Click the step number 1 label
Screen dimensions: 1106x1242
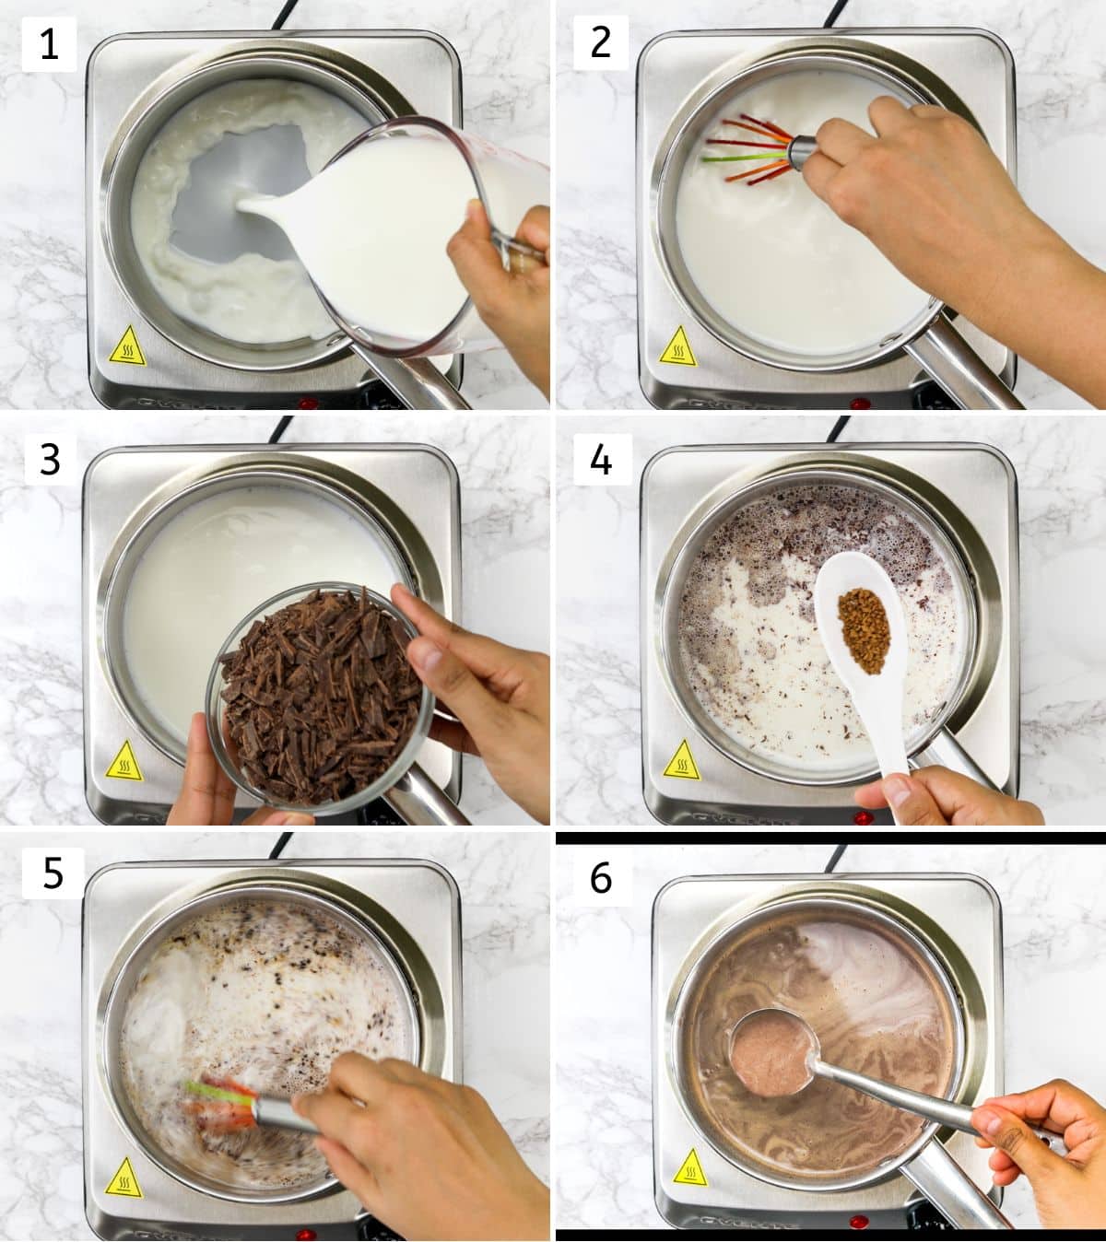point(49,44)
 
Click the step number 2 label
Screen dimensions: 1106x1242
point(601,42)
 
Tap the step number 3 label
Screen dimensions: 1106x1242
point(51,460)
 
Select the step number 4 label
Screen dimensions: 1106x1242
point(601,459)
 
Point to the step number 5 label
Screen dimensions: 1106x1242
point(53,873)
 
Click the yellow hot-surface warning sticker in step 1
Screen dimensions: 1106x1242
point(128,347)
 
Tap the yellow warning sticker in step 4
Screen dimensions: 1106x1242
point(681,760)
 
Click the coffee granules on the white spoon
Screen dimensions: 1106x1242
point(865,630)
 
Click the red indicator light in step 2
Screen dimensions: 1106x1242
point(859,404)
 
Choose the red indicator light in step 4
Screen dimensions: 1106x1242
point(863,818)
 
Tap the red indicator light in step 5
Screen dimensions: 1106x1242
point(307,1234)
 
